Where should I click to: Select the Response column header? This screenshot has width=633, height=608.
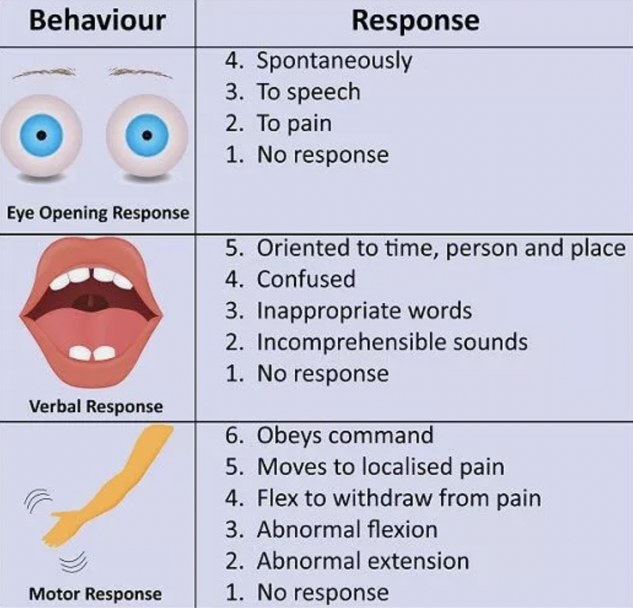415,20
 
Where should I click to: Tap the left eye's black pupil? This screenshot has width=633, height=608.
41,135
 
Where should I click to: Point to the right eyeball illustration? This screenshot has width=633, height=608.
147,136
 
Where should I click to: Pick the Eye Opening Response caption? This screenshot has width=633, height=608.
97,213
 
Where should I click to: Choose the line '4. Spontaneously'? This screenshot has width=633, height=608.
318,61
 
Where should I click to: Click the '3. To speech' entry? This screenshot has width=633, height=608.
293,92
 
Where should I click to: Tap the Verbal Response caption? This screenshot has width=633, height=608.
96,406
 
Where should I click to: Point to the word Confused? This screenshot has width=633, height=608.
306,279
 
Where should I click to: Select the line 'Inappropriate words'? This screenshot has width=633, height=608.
364,311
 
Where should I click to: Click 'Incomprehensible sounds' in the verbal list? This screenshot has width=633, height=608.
392,342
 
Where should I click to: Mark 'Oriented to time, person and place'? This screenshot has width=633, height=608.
440,248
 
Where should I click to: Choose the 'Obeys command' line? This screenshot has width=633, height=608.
345,436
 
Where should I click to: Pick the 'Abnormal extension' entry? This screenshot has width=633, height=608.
363,561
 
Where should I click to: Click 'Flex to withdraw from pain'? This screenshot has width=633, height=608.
399,498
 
